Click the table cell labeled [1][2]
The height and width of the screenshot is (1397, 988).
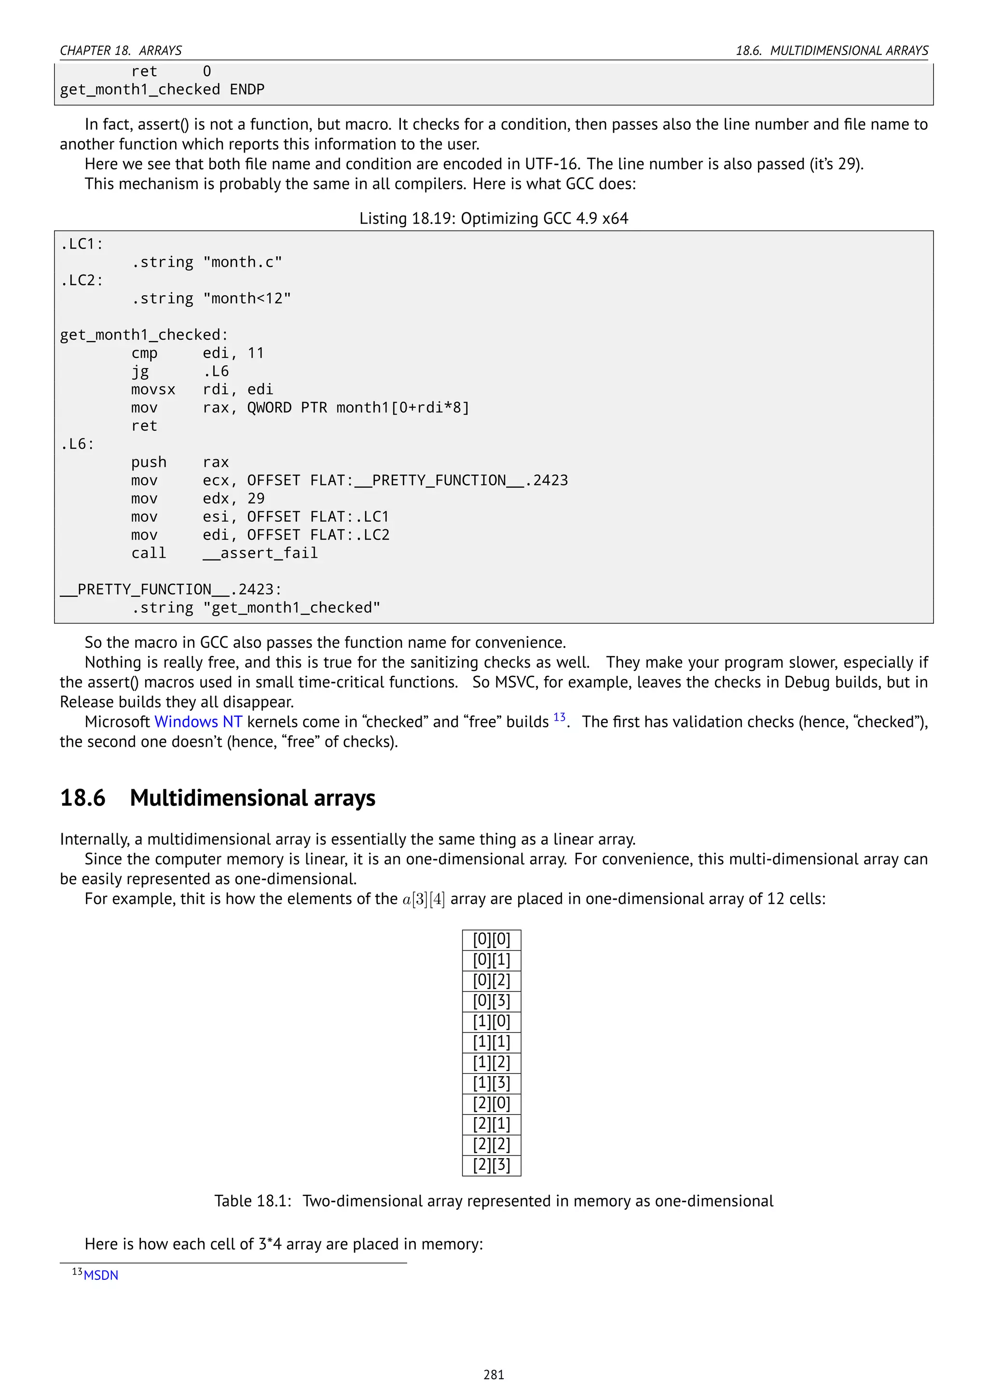[492, 1062]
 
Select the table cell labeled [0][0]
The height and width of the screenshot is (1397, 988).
[492, 939]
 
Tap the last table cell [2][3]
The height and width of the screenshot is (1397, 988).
[492, 1164]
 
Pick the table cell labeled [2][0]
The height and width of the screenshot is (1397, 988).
[492, 1103]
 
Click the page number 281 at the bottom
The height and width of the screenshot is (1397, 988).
[494, 1374]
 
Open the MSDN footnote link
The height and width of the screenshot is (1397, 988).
[101, 1274]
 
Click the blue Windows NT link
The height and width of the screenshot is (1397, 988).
[198, 722]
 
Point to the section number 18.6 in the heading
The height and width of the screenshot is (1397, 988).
[83, 798]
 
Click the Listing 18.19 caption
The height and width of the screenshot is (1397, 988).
[494, 219]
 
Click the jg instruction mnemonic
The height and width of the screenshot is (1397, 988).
[140, 371]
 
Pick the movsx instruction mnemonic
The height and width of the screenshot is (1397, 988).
[153, 389]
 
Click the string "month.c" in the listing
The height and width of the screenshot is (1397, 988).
[243, 262]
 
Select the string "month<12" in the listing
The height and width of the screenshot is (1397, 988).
[247, 299]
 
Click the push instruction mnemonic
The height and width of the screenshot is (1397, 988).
[149, 463]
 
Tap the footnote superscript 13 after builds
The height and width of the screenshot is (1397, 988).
[559, 717]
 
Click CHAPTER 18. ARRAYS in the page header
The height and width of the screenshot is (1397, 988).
[121, 51]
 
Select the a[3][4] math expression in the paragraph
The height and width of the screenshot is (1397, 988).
[424, 899]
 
